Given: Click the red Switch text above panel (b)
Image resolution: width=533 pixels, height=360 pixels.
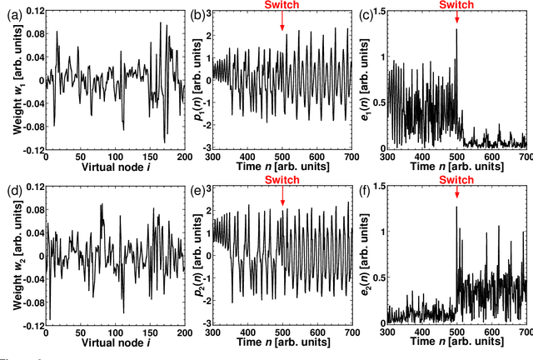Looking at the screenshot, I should (x=283, y=5).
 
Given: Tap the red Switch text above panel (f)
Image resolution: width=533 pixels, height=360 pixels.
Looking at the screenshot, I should (x=456, y=181).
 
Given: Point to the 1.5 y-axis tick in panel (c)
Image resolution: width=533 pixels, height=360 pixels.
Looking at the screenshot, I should (x=380, y=10).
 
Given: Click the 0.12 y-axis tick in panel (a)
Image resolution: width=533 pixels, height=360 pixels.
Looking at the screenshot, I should (x=28, y=10).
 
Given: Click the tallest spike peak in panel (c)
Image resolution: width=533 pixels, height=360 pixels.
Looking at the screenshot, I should (x=456, y=29).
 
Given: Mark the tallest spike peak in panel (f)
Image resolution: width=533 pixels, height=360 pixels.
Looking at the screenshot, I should (x=456, y=207).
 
